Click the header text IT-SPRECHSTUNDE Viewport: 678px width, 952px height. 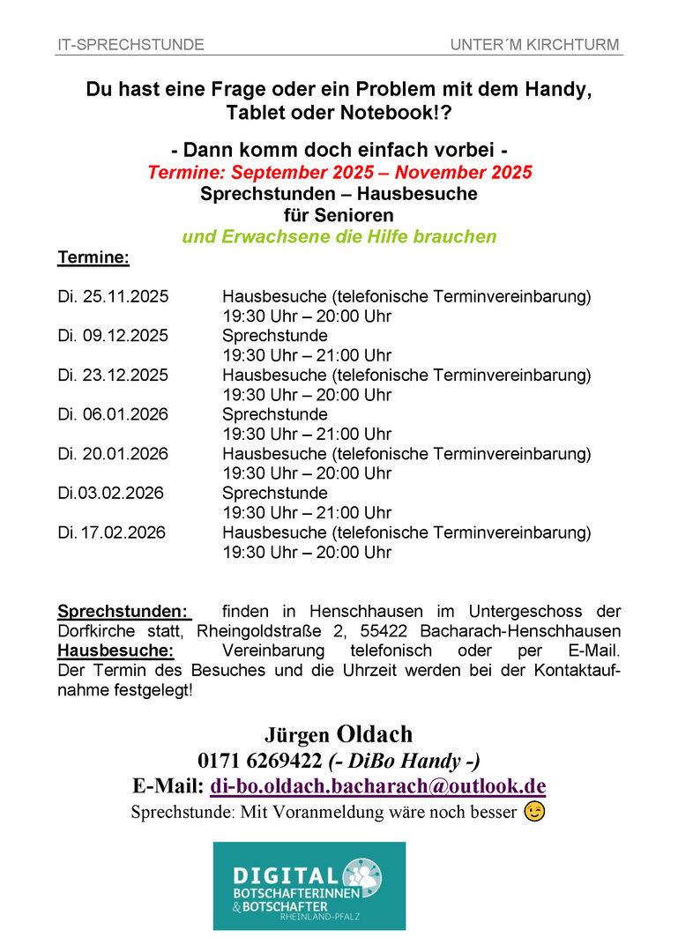(x=131, y=45)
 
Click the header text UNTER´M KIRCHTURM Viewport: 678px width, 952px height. (x=534, y=45)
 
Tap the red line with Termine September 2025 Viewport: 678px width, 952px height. (x=339, y=172)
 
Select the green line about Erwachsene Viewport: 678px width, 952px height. (x=339, y=236)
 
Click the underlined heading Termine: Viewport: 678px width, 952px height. (x=93, y=258)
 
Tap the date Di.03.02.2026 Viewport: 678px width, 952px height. (x=111, y=493)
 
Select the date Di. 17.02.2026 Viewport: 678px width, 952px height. (x=112, y=532)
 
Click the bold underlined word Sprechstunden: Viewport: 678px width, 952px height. (x=123, y=612)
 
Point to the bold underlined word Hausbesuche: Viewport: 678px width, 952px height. (x=115, y=651)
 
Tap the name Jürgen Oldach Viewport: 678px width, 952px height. (x=339, y=734)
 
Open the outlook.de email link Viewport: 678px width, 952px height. (x=378, y=786)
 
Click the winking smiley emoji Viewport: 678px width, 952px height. (x=534, y=812)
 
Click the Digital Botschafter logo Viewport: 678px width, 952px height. (x=309, y=886)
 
